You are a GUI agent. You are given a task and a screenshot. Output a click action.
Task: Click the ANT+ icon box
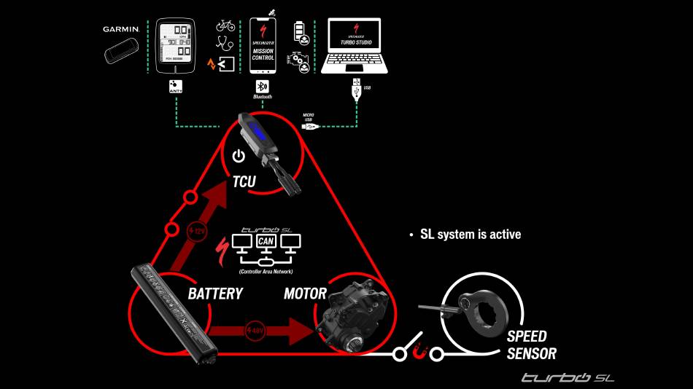point(175,86)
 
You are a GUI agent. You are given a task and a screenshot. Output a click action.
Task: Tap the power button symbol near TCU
point(237,156)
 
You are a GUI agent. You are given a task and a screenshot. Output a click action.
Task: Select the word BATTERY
point(215,294)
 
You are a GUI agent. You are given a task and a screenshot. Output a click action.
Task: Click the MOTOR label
point(305,294)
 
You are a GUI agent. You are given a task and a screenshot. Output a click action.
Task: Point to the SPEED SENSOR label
point(531,345)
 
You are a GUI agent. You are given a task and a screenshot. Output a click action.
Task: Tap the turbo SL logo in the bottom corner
point(567,377)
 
